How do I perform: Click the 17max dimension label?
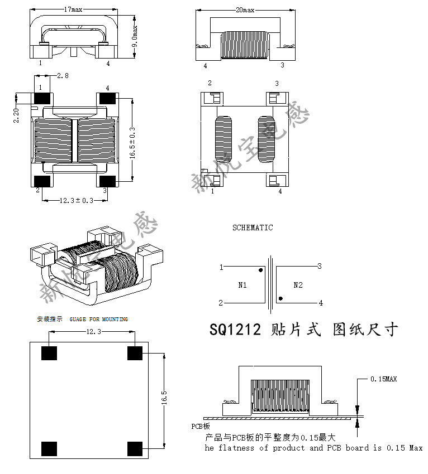click(x=75, y=10)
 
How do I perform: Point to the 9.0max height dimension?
click(x=135, y=35)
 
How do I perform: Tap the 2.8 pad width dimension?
click(x=63, y=76)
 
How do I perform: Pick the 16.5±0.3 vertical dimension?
click(x=132, y=143)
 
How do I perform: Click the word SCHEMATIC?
click(x=253, y=228)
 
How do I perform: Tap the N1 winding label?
click(x=242, y=285)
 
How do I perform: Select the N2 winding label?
click(x=298, y=285)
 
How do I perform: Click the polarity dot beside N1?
click(x=261, y=271)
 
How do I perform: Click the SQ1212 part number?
click(x=235, y=330)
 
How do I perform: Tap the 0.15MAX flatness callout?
click(x=384, y=379)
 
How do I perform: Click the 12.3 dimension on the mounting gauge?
click(x=93, y=332)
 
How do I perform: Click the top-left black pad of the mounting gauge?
click(x=50, y=353)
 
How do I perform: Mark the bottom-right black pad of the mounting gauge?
click(x=135, y=448)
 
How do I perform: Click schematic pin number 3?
click(x=320, y=266)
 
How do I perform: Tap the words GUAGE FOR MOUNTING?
click(x=99, y=319)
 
